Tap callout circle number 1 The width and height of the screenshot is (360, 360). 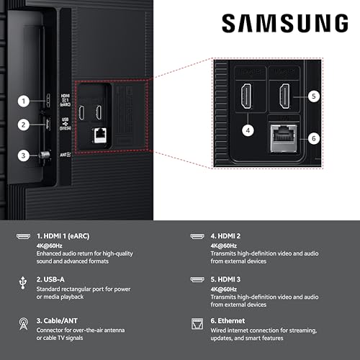24,102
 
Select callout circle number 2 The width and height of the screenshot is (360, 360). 24,125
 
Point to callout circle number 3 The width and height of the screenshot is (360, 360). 24,155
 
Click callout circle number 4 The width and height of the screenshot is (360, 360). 248,130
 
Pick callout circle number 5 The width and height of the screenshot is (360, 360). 312,95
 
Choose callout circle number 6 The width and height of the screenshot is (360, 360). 312,138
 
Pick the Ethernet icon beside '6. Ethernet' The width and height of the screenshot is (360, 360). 196,320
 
